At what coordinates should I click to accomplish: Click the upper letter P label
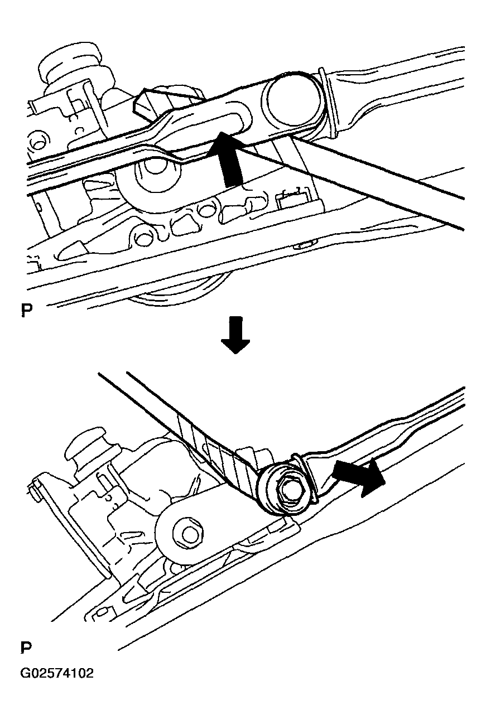(26, 310)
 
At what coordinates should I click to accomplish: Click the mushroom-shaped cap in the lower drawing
(86, 447)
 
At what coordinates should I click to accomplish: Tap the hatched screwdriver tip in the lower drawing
(222, 450)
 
